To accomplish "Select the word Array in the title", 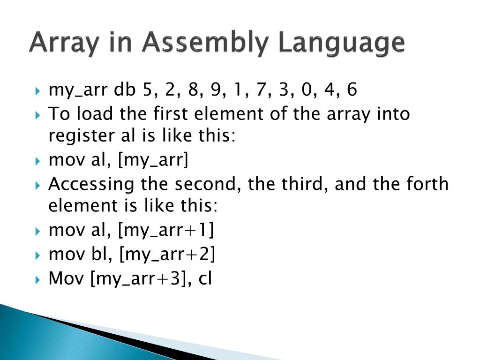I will pyautogui.click(x=60, y=43).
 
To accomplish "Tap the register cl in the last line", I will pyautogui.click(x=205, y=279).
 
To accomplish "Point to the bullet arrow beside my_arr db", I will pyautogui.click(x=38, y=90).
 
